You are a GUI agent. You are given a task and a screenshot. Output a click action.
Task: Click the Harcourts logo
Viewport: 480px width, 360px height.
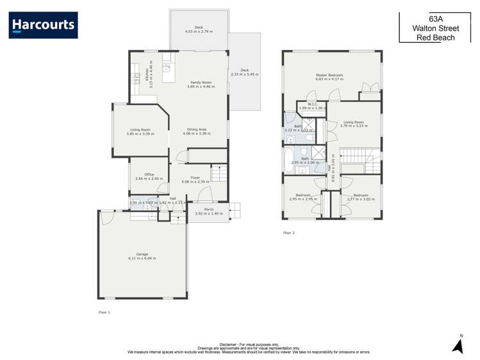(x=44, y=25)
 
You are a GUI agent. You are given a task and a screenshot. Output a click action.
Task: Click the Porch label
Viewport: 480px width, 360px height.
(x=208, y=211)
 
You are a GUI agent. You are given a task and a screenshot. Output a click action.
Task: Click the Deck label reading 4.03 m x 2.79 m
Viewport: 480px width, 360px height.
(x=199, y=29)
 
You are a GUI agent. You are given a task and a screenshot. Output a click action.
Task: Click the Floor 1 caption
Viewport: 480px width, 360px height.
(x=104, y=312)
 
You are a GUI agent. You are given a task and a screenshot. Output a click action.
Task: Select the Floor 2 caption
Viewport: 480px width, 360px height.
(x=289, y=233)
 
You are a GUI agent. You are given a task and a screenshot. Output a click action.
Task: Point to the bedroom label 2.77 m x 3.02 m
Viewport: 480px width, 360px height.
(x=360, y=197)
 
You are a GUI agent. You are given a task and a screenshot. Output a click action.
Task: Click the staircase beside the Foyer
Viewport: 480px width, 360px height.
(x=219, y=173)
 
